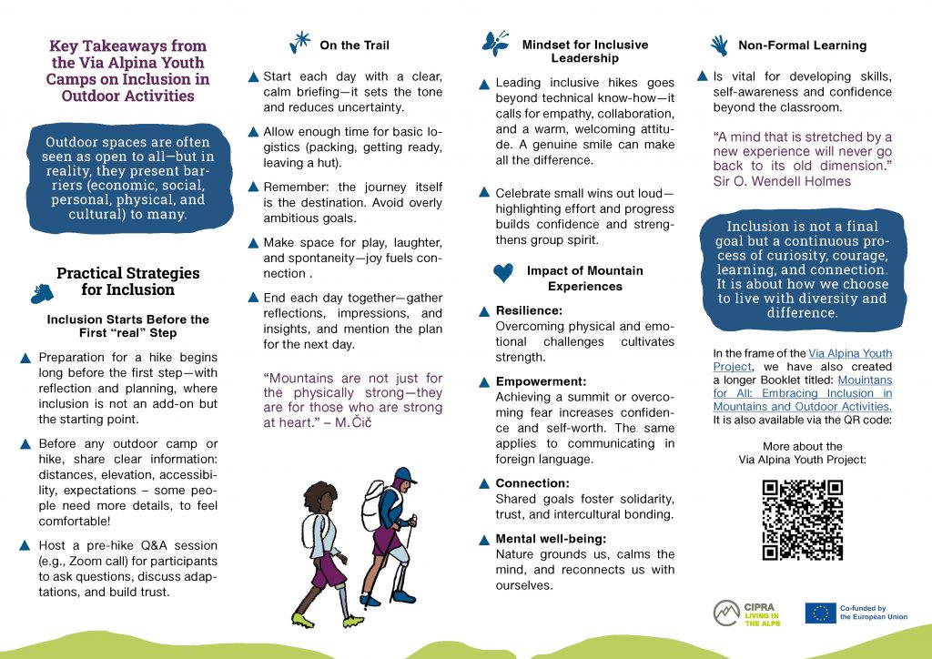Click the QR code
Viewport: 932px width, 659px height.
pos(802,519)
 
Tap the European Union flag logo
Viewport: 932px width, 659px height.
pos(820,613)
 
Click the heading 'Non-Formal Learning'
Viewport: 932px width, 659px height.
pos(802,45)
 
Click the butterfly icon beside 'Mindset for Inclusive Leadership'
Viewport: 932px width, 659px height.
pos(496,44)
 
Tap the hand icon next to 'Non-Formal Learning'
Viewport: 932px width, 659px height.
pos(719,44)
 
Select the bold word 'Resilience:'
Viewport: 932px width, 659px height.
pos(529,310)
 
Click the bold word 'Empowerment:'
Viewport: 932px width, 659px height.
pos(541,381)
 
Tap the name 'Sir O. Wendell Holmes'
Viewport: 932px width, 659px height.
pos(782,181)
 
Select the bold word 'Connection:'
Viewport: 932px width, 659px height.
pos(532,483)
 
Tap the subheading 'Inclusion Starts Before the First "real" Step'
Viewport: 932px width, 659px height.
pos(127,327)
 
